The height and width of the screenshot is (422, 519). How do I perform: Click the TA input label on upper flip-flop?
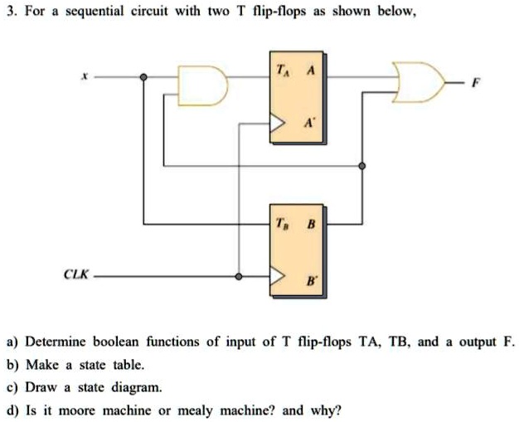(x=285, y=70)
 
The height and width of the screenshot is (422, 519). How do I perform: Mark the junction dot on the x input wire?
(x=143, y=77)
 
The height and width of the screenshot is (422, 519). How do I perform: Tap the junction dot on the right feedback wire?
(x=361, y=166)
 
